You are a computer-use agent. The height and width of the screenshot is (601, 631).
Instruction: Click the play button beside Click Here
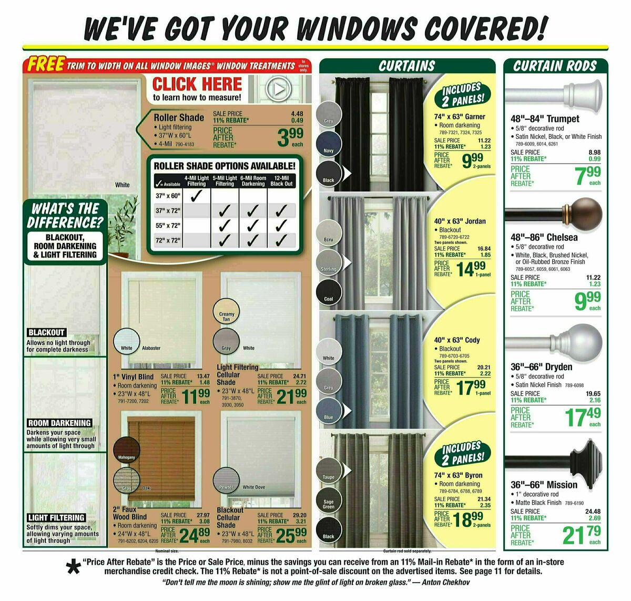tap(278, 89)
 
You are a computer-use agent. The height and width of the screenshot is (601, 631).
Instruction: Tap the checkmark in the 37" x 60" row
tap(197, 196)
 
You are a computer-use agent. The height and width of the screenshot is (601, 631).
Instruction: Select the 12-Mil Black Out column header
tap(281, 181)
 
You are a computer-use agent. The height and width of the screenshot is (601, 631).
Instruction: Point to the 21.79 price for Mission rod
tap(581, 535)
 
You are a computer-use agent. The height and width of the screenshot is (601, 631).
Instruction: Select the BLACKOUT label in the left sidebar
tap(46, 332)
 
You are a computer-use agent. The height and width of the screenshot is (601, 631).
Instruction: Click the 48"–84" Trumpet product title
tap(545, 119)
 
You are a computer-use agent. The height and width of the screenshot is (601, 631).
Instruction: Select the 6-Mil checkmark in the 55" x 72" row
tap(253, 226)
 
